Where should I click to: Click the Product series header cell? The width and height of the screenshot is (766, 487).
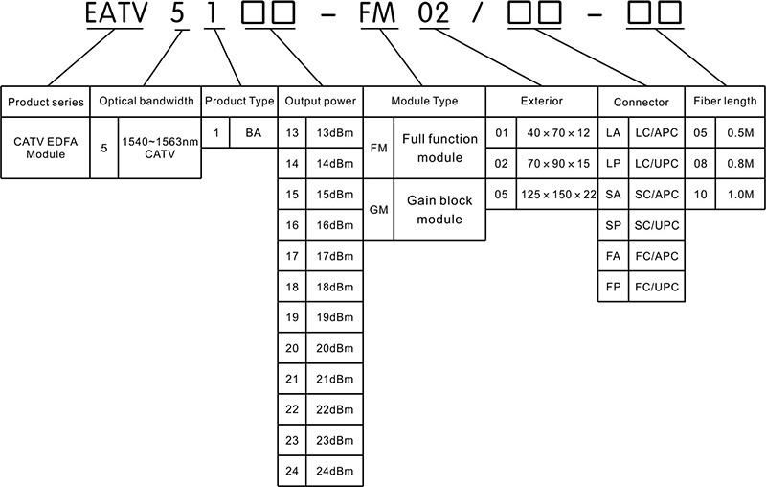[45, 102]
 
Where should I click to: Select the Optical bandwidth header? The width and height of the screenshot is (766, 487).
[146, 102]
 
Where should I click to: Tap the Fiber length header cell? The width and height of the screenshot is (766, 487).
[725, 102]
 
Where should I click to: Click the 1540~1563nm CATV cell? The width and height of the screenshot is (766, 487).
[160, 148]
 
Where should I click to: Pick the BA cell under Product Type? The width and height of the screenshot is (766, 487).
[253, 132]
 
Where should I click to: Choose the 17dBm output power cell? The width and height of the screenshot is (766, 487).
[334, 256]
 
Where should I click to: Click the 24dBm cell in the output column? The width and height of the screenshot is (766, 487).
[334, 471]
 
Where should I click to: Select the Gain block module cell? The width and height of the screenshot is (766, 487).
[439, 210]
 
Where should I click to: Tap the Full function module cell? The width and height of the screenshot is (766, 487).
[439, 149]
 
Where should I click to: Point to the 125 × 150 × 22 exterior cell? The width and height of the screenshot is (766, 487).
[557, 194]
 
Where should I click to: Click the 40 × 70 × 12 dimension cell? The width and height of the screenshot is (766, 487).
[557, 132]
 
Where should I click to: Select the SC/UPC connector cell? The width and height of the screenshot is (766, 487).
[657, 225]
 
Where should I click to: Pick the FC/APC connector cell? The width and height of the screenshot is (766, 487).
[657, 256]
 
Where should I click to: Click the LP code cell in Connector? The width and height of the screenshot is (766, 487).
[613, 163]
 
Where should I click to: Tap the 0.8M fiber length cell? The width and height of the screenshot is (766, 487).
[740, 163]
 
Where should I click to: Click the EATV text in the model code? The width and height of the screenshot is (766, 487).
[116, 13]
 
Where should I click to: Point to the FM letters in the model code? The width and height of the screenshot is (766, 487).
[377, 13]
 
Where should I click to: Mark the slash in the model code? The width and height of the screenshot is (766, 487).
[477, 13]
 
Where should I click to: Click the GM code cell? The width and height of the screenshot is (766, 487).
[378, 210]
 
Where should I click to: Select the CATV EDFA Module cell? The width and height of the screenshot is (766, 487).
[45, 148]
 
